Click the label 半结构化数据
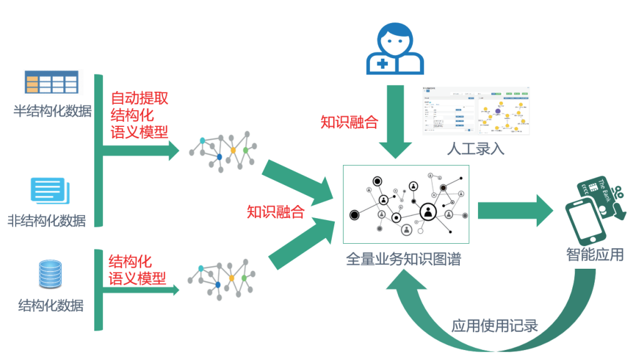click(x=52, y=111)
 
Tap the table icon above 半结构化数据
click(x=52, y=82)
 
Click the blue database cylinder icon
click(x=51, y=275)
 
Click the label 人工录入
click(x=475, y=149)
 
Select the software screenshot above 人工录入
click(x=475, y=111)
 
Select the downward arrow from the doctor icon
click(x=395, y=122)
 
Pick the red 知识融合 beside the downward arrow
click(x=349, y=122)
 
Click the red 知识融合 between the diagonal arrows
click(x=276, y=211)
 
